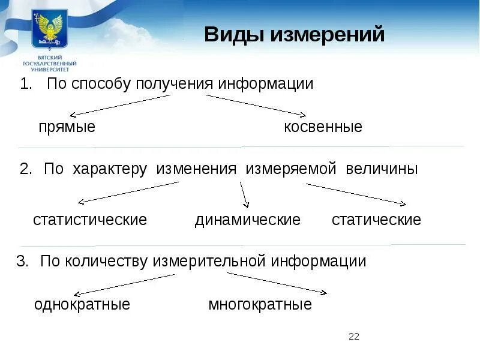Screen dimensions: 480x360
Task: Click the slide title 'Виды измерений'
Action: (294, 35)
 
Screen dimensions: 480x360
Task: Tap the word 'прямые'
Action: (67, 127)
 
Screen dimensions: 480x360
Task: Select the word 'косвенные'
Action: (323, 127)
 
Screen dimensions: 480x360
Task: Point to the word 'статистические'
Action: (90, 220)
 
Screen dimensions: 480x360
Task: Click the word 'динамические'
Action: (247, 220)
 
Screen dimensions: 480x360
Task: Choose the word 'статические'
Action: (376, 220)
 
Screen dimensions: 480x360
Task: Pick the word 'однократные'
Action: (82, 304)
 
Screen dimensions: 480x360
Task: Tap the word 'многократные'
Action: (260, 304)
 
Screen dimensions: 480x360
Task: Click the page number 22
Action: (353, 337)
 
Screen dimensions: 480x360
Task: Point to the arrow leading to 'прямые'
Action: (120, 105)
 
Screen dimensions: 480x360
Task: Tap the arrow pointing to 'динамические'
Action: (244, 195)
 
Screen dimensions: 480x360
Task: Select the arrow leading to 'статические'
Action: (356, 194)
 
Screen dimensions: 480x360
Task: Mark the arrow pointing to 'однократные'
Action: (123, 284)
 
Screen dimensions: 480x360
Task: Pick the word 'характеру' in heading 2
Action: (110, 169)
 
